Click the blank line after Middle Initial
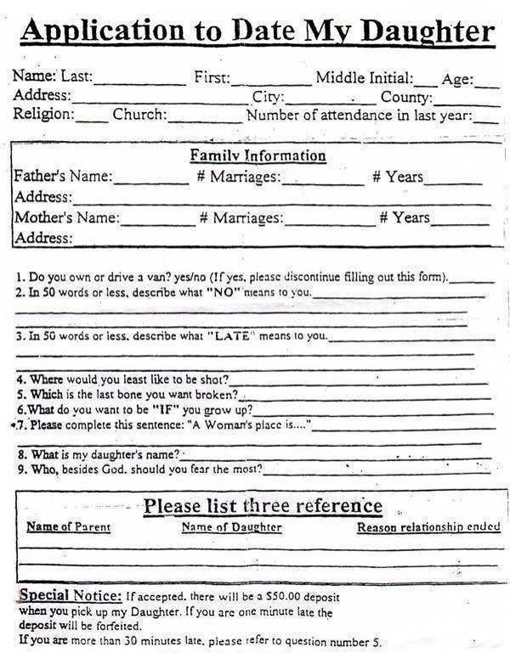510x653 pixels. pyautogui.click(x=427, y=83)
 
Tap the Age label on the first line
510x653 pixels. pyautogui.click(x=456, y=80)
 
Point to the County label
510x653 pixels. pyautogui.click(x=405, y=97)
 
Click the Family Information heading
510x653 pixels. pyautogui.click(x=258, y=156)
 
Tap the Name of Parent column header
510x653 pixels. pyautogui.click(x=68, y=527)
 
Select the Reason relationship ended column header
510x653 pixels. pyautogui.click(x=428, y=527)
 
